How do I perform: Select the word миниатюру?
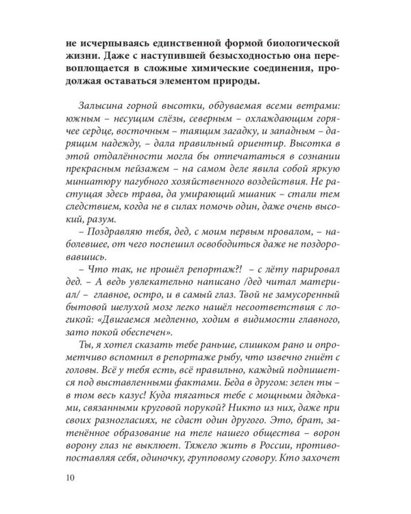tap(88, 209)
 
